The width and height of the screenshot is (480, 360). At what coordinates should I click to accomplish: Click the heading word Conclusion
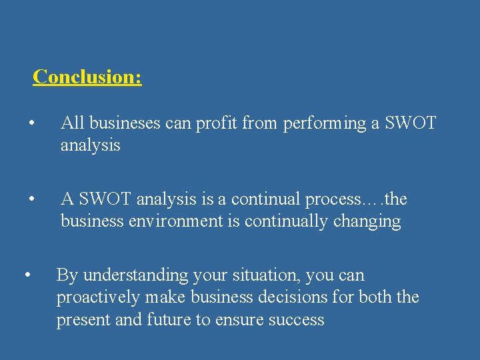[x=87, y=77]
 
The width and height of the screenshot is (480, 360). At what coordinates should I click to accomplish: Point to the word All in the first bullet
[x=73, y=123]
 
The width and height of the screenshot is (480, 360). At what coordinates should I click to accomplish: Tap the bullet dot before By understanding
[x=26, y=274]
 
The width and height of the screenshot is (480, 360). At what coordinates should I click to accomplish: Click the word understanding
[x=135, y=275]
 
